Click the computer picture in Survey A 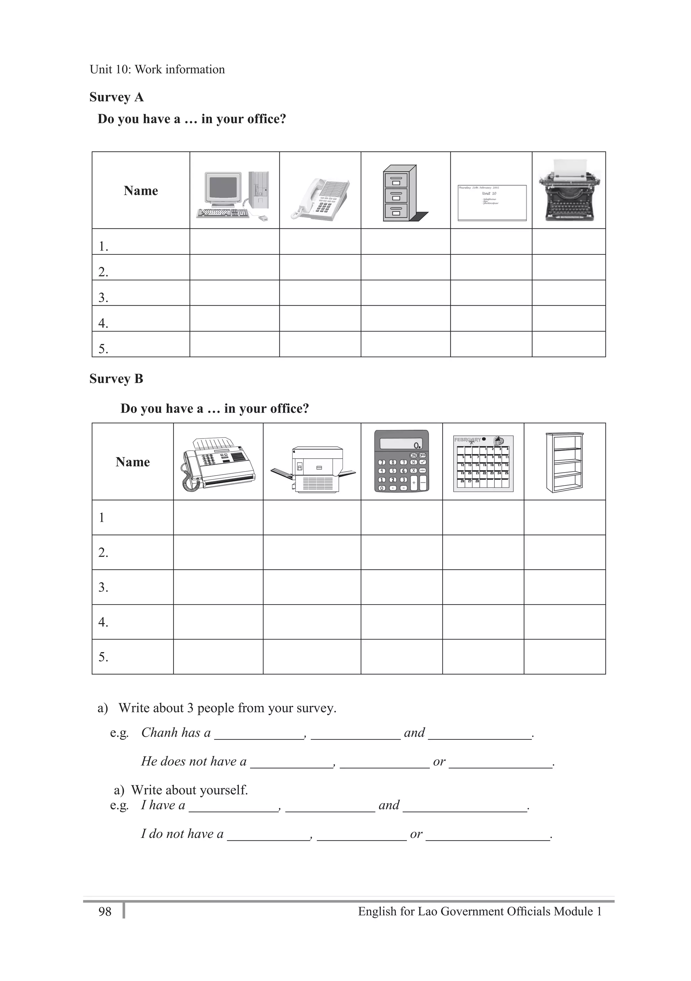[233, 196]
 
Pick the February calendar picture [483, 464]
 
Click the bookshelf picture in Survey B [564, 462]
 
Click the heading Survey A [116, 97]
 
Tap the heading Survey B [116, 379]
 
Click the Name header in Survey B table [133, 462]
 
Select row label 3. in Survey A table [103, 298]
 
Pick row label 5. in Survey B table [103, 657]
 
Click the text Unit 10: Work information [157, 69]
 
